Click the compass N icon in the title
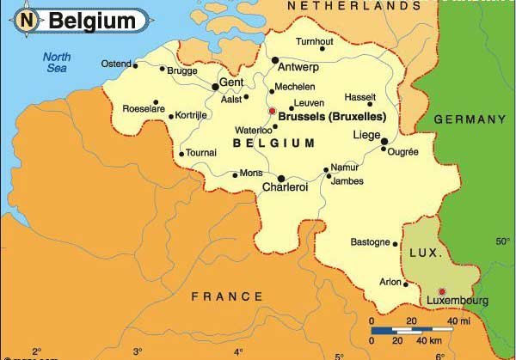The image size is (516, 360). pyautogui.click(x=29, y=20)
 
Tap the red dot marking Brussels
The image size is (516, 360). pyautogui.click(x=272, y=111)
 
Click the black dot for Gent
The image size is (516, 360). pyautogui.click(x=215, y=86)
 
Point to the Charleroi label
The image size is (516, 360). pyautogui.click(x=284, y=187)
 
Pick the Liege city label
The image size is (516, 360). pyautogui.click(x=365, y=135)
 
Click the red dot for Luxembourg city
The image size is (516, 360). pyautogui.click(x=442, y=290)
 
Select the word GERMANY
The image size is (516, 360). pyautogui.click(x=469, y=119)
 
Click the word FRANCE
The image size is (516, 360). pyautogui.click(x=227, y=296)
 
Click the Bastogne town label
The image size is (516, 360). pyautogui.click(x=370, y=242)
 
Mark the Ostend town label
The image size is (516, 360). pyautogui.click(x=116, y=64)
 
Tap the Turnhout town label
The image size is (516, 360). pyautogui.click(x=314, y=41)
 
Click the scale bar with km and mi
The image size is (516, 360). pyautogui.click(x=412, y=329)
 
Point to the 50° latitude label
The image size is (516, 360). pyautogui.click(x=503, y=242)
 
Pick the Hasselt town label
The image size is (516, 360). pyautogui.click(x=360, y=97)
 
